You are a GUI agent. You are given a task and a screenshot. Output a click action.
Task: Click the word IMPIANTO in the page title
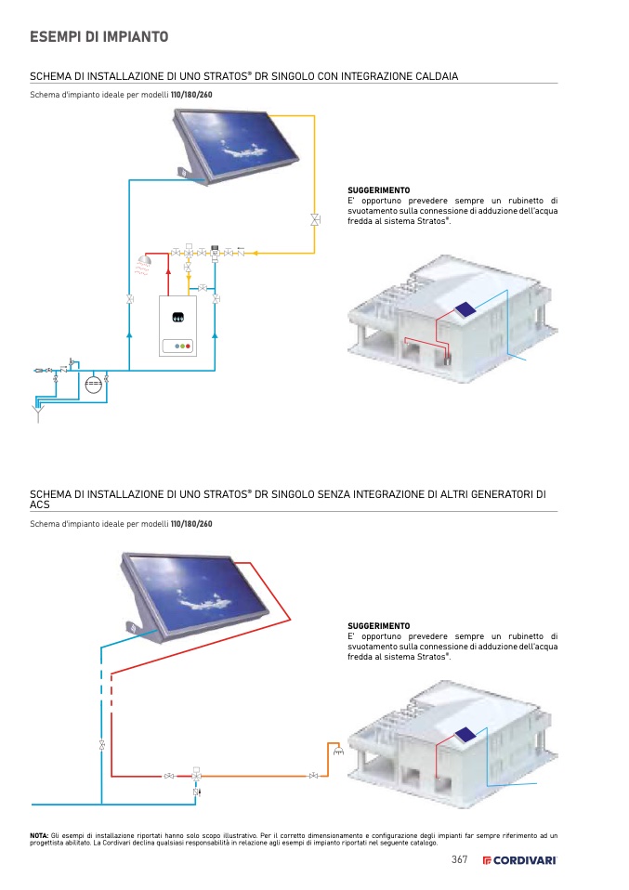click(129, 37)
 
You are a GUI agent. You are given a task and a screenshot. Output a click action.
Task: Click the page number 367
click(460, 859)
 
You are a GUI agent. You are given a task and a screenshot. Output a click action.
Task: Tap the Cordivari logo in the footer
click(520, 860)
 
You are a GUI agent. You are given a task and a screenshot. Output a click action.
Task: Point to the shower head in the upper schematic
click(142, 261)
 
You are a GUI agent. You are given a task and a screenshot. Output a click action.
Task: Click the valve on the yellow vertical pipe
click(315, 220)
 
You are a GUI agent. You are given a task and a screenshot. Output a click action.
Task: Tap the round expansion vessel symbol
click(92, 383)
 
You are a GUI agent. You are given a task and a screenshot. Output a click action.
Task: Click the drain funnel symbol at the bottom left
click(38, 409)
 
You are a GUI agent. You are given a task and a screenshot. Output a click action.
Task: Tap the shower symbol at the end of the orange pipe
click(338, 750)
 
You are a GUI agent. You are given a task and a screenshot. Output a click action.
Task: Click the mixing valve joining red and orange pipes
click(197, 775)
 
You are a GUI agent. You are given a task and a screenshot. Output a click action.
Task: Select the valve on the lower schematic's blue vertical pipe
click(101, 745)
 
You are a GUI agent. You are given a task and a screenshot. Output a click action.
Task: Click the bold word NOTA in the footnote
click(39, 835)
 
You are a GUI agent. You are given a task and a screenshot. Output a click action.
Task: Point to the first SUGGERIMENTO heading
click(378, 190)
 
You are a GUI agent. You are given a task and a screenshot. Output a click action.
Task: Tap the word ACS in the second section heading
click(39, 504)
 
